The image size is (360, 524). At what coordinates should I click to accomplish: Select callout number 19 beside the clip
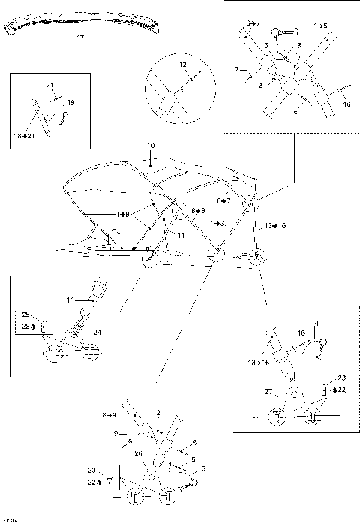click(71, 101)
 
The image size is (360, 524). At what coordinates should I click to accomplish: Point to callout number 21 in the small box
click(50, 85)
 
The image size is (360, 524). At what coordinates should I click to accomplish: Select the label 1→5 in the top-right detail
click(320, 26)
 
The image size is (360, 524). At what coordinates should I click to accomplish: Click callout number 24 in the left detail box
click(97, 331)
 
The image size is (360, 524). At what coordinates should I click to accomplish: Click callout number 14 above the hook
click(316, 323)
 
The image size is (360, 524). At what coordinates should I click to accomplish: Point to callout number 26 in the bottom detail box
click(137, 453)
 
